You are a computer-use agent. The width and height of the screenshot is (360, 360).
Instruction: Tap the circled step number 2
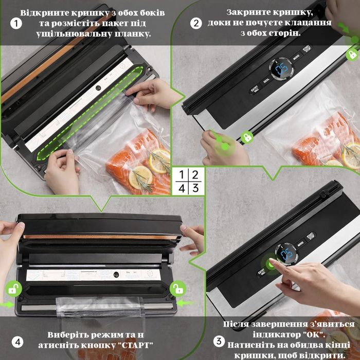click(196, 23)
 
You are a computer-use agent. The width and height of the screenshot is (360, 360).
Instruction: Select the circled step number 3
click(218, 341)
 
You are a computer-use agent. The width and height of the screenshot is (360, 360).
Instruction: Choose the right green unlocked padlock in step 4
click(177, 289)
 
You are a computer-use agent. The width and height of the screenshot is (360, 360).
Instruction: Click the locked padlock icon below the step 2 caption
click(352, 53)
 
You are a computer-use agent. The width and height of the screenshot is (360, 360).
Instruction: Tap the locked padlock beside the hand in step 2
click(247, 137)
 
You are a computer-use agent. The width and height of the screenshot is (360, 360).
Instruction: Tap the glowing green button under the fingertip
click(271, 262)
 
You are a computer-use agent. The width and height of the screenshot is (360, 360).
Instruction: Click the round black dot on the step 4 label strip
click(117, 275)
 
